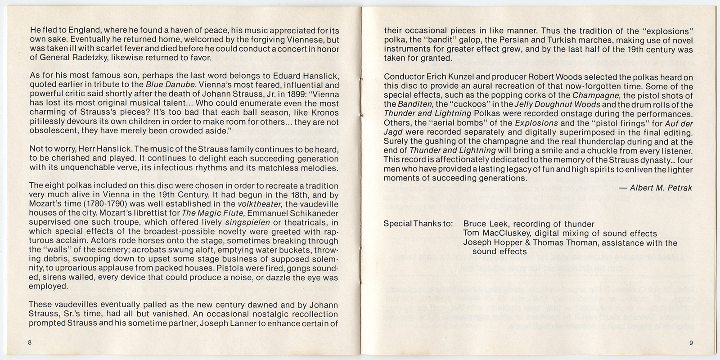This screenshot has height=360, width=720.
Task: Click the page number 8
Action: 30,343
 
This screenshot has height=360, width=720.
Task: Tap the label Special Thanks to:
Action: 418,224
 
